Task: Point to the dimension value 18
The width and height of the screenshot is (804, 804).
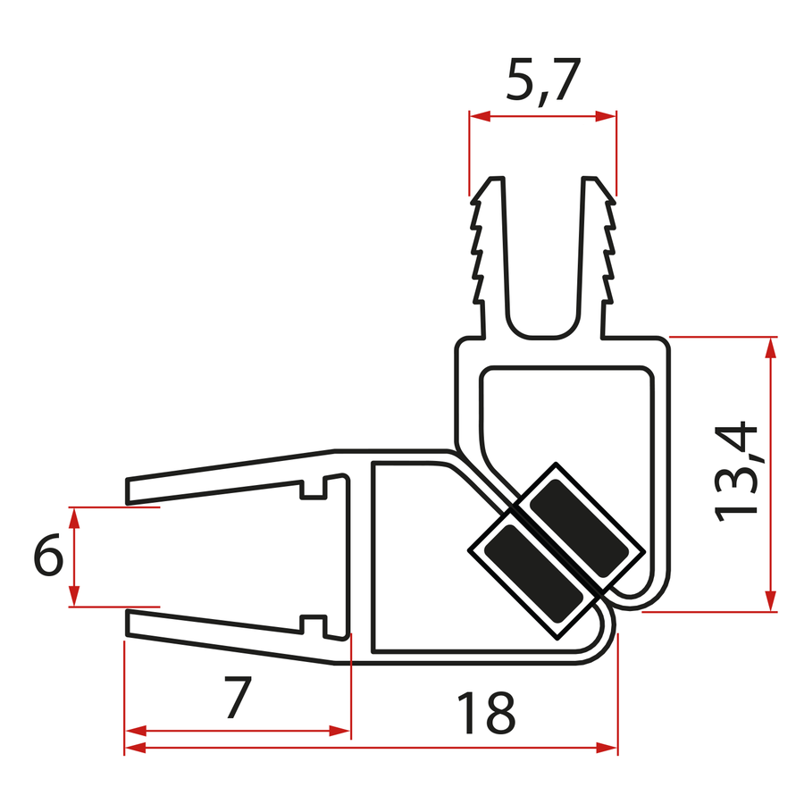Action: pos(486,712)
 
